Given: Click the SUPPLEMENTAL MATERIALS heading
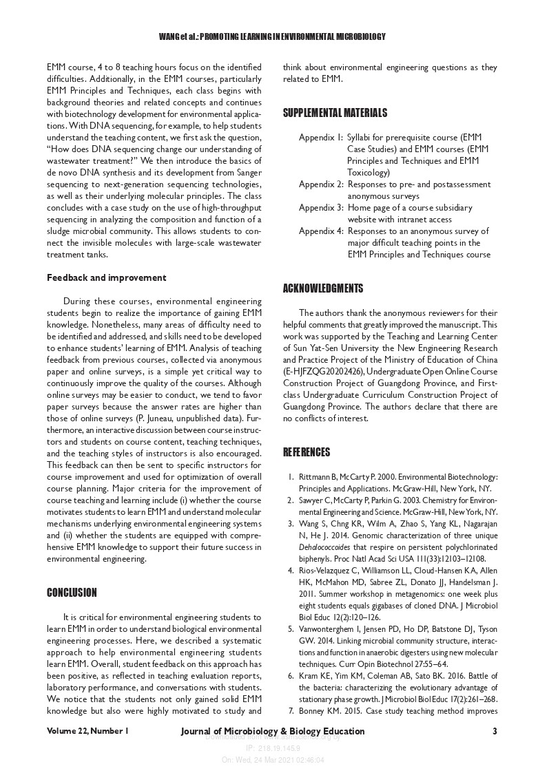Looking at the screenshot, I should click(x=335, y=113).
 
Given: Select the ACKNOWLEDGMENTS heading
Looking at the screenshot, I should click(x=323, y=288).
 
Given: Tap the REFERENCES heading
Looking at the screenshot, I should click(x=307, y=452).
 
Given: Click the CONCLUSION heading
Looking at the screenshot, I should click(x=72, y=592).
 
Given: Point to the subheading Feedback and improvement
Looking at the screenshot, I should click(x=106, y=278).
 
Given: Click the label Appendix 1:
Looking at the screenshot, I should click(x=321, y=138).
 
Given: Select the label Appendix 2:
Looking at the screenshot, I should click(x=321, y=184).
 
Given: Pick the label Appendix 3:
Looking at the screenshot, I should click(x=321, y=208).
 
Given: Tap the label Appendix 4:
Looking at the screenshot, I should click(x=321, y=231).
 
